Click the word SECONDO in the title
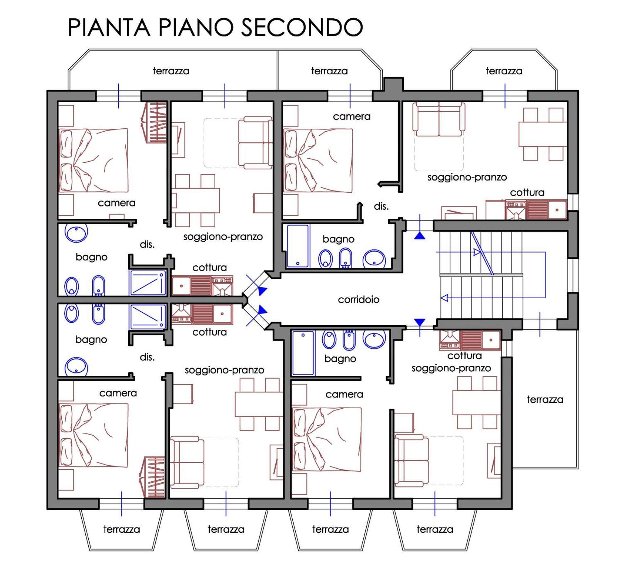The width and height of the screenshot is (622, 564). [x=302, y=27]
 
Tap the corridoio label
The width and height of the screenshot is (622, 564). [x=359, y=300]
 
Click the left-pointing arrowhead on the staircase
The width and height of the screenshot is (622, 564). [x=445, y=298]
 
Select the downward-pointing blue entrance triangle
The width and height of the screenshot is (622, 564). [x=420, y=322]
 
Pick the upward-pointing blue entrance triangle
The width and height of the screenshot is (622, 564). [x=420, y=236]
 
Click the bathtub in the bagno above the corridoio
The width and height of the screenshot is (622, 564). [x=298, y=246]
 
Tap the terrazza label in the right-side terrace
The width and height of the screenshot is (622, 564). [x=545, y=400]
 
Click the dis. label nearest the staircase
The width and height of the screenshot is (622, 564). [x=381, y=206]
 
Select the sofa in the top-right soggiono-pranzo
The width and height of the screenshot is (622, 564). [x=439, y=119]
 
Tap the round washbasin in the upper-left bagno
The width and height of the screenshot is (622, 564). [x=76, y=232]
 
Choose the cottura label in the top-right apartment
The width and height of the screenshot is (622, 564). [x=527, y=192]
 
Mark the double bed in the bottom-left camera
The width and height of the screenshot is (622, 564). [x=93, y=435]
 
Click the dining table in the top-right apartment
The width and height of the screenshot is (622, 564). [x=543, y=134]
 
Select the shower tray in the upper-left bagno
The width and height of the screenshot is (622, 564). [x=148, y=282]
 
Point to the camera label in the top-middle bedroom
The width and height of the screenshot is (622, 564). [x=351, y=116]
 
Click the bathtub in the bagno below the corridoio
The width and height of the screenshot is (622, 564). [x=303, y=353]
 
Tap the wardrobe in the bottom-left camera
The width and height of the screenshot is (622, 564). [x=153, y=477]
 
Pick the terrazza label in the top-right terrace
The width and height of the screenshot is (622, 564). [x=504, y=71]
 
